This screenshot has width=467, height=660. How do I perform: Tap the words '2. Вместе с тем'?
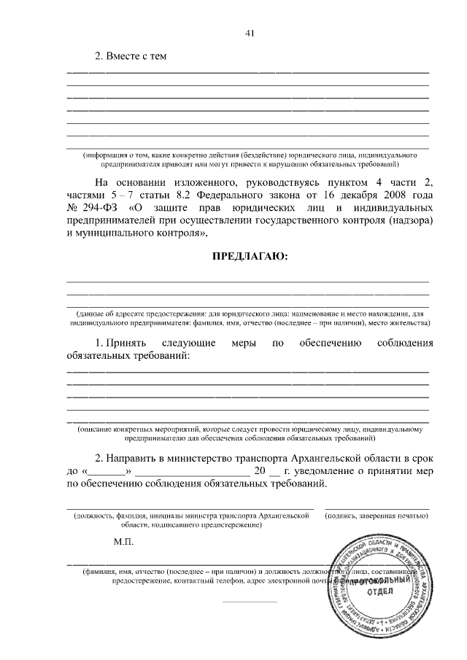131,57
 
